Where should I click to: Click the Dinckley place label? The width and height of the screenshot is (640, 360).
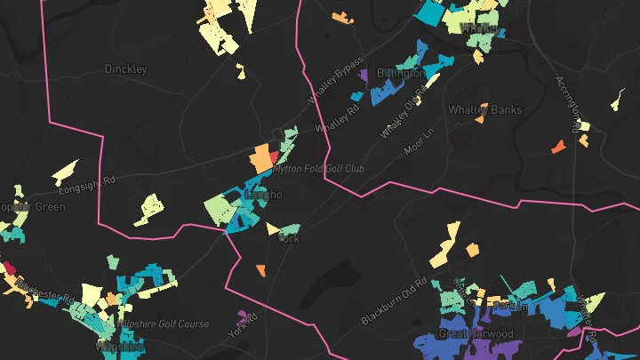coord(126,68)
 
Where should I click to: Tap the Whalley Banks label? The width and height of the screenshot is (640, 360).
coord(484,110)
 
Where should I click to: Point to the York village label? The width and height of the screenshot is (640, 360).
coord(290,239)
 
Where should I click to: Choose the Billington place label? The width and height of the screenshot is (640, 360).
coord(400,73)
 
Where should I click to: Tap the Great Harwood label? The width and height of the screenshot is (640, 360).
coord(476,334)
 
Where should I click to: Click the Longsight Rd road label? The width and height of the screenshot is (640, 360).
coord(87,185)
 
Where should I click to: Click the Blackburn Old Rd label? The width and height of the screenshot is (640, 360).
coord(396,302)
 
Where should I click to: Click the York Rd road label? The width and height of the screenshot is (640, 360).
coord(243,325)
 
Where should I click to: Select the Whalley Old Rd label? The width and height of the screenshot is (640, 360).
coord(399,117)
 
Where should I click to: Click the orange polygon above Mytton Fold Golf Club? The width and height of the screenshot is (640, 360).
coord(260,158)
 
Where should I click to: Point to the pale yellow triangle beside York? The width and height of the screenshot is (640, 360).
coord(272,228)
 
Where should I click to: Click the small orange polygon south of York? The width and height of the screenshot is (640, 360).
coord(261,269)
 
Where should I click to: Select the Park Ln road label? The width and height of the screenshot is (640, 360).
coord(504,306)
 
